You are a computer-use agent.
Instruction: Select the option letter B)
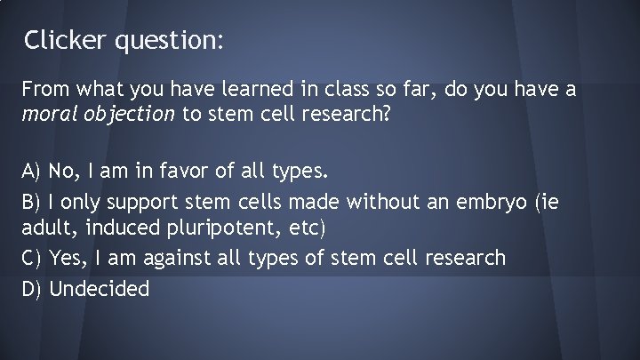(33, 203)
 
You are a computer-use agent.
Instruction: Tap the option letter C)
(33, 259)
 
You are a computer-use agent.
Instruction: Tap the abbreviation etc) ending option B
(307, 228)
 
